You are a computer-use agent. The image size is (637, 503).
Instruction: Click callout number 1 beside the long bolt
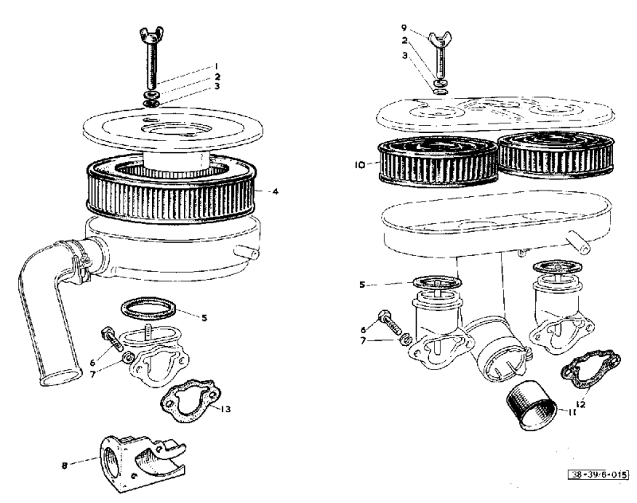(217, 66)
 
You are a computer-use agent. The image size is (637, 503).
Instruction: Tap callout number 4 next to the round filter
(276, 191)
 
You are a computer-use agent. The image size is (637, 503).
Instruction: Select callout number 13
(225, 409)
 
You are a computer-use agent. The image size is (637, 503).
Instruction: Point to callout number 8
(64, 466)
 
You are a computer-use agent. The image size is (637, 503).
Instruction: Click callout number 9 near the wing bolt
(404, 28)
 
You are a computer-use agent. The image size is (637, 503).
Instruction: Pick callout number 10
(360, 166)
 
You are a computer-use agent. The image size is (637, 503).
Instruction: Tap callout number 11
(572, 412)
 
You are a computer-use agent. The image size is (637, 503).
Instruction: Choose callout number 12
(580, 404)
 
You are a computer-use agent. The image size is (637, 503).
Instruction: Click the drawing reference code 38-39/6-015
(598, 474)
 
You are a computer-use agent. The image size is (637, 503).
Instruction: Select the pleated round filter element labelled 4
(172, 191)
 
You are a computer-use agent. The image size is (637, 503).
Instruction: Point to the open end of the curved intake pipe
(61, 376)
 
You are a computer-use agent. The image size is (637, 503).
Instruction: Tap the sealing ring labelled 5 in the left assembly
(149, 308)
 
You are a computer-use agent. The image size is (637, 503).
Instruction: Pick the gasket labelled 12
(591, 368)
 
